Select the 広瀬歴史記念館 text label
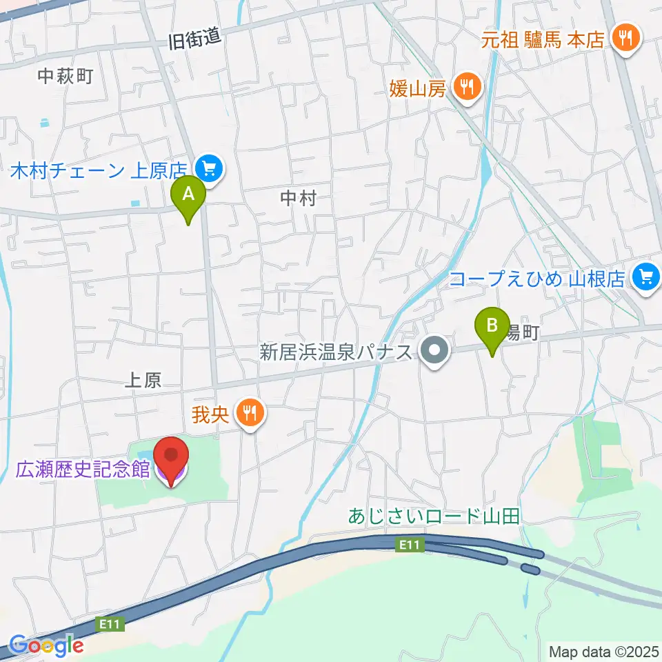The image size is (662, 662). [x=83, y=470]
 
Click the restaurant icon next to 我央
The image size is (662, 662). [x=249, y=414]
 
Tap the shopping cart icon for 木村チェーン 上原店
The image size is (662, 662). [x=209, y=168]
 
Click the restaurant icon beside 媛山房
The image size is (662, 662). [x=468, y=88]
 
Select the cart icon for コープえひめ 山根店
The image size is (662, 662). [x=645, y=278]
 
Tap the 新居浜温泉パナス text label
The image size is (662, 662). [x=337, y=352]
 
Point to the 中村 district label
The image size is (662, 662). [x=298, y=199]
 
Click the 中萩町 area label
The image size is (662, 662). [x=65, y=76]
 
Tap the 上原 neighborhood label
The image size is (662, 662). [x=143, y=381]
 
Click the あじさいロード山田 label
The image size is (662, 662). [x=434, y=516]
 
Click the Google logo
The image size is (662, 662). [x=46, y=645]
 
